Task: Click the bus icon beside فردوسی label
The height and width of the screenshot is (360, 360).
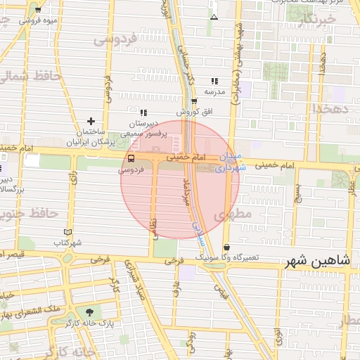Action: [x=131, y=158]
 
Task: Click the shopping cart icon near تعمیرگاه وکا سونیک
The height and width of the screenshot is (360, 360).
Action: [x=226, y=247]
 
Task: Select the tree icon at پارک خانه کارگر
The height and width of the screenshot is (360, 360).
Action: [x=89, y=312]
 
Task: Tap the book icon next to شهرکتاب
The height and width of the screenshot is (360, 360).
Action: [x=67, y=232]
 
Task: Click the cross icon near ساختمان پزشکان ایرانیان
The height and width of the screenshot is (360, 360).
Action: [x=91, y=122]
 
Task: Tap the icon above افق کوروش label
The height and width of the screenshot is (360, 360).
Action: [x=194, y=101]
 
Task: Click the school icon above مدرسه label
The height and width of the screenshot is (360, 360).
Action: [x=214, y=81]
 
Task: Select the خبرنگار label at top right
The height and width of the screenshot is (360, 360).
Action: [x=314, y=22]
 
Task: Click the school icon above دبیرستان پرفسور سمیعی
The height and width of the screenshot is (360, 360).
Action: [x=143, y=112]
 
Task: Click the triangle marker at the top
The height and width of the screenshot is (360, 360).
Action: [x=214, y=16]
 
